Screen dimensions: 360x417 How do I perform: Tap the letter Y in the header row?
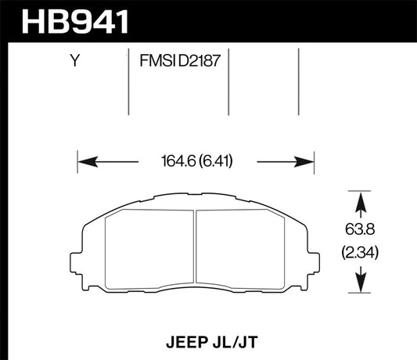[x=74, y=59]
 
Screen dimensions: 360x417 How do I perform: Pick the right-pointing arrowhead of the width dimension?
[x=307, y=162]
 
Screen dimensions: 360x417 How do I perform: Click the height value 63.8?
[x=359, y=231]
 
